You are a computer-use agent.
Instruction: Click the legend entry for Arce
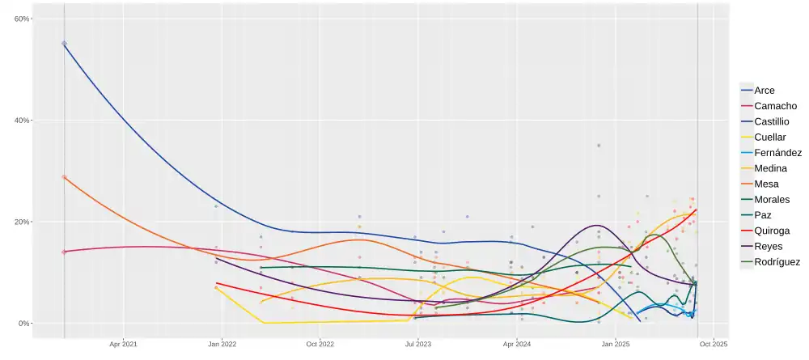(x=764, y=91)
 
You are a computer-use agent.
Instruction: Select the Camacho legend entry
(x=775, y=106)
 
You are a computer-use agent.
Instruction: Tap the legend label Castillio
(x=777, y=121)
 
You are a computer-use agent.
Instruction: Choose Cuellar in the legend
(x=773, y=137)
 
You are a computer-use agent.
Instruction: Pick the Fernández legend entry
(x=777, y=152)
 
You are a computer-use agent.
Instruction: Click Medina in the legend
(x=772, y=168)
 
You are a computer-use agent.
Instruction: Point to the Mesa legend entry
(x=768, y=184)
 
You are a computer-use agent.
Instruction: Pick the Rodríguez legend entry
(x=777, y=262)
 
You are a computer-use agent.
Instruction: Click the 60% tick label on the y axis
(x=22, y=19)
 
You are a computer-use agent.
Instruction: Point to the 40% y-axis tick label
(x=22, y=121)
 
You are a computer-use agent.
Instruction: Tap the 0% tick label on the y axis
(x=24, y=324)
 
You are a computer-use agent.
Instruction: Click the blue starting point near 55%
(x=64, y=44)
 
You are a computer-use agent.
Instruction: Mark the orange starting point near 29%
(x=64, y=177)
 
